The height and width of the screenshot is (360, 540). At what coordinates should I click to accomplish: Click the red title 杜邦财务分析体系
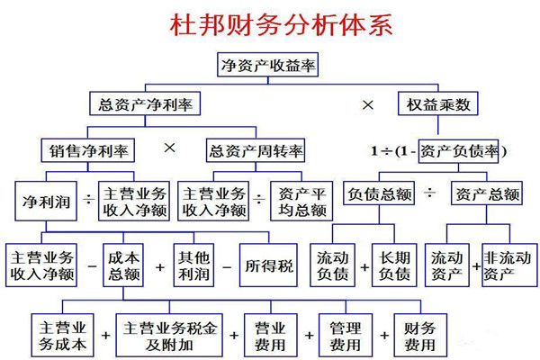[x=281, y=25]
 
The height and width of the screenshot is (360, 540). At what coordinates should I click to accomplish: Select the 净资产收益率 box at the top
[x=267, y=65]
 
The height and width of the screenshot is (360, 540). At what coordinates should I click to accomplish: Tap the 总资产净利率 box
[x=145, y=103]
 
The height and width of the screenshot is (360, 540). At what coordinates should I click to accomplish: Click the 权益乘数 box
[x=437, y=103]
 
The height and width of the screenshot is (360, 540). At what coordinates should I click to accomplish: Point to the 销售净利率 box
[x=88, y=150]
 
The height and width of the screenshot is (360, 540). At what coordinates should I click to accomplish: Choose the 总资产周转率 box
[x=256, y=150]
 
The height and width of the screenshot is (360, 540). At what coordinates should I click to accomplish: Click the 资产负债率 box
[x=458, y=151]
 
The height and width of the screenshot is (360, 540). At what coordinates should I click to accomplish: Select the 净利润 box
[x=46, y=202]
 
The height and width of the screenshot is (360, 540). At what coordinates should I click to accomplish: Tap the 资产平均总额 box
[x=301, y=202]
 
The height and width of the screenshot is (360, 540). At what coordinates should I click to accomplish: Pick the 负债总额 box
[x=379, y=193]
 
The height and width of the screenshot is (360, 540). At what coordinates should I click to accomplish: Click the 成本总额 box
[x=123, y=265]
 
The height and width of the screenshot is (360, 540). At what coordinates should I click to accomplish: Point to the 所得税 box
[x=268, y=265]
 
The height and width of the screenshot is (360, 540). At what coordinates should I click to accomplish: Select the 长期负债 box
[x=394, y=265]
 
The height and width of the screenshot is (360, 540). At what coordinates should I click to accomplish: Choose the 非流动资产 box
[x=509, y=265]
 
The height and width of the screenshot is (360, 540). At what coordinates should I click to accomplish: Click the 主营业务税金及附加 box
[x=169, y=335]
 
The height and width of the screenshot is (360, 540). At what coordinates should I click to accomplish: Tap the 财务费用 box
[x=420, y=335]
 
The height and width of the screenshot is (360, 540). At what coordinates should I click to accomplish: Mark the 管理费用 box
[x=346, y=335]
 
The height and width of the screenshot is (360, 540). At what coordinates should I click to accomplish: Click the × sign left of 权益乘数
[x=368, y=104]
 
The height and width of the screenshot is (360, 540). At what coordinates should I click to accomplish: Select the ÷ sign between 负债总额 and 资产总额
[x=429, y=193]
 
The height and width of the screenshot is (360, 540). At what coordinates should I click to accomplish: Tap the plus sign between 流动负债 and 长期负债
[x=364, y=267]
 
